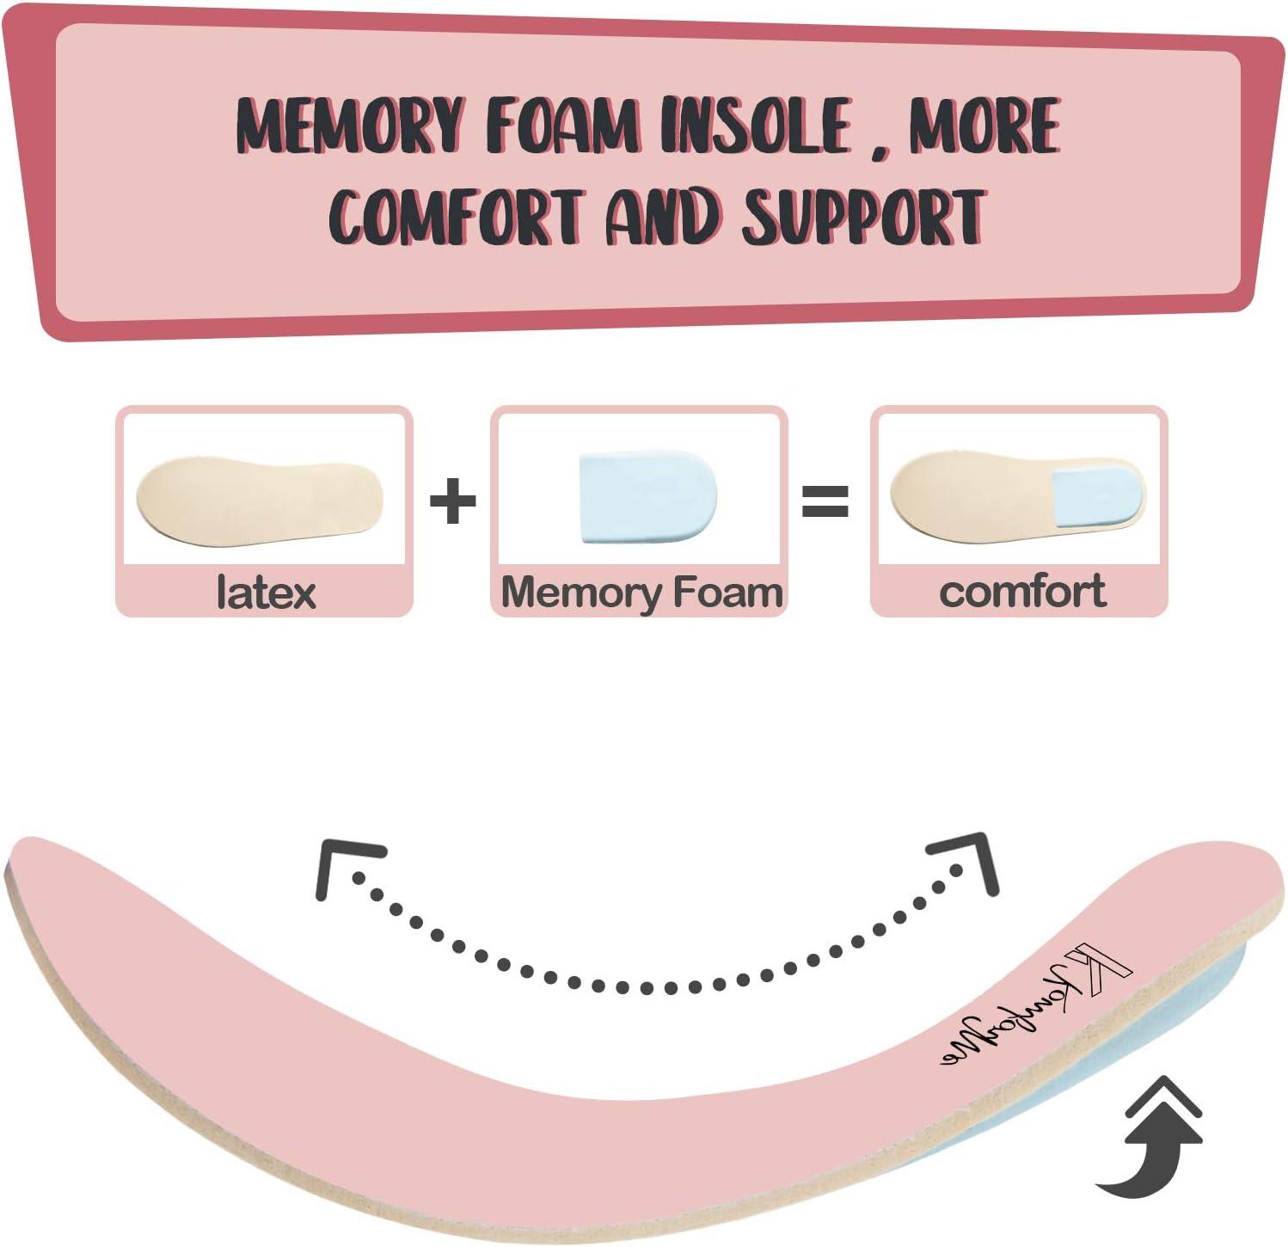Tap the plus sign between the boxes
(452, 501)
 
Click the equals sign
(825, 501)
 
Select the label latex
(266, 593)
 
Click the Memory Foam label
(641, 593)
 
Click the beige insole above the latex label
(258, 501)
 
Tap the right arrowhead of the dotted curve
(968, 861)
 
